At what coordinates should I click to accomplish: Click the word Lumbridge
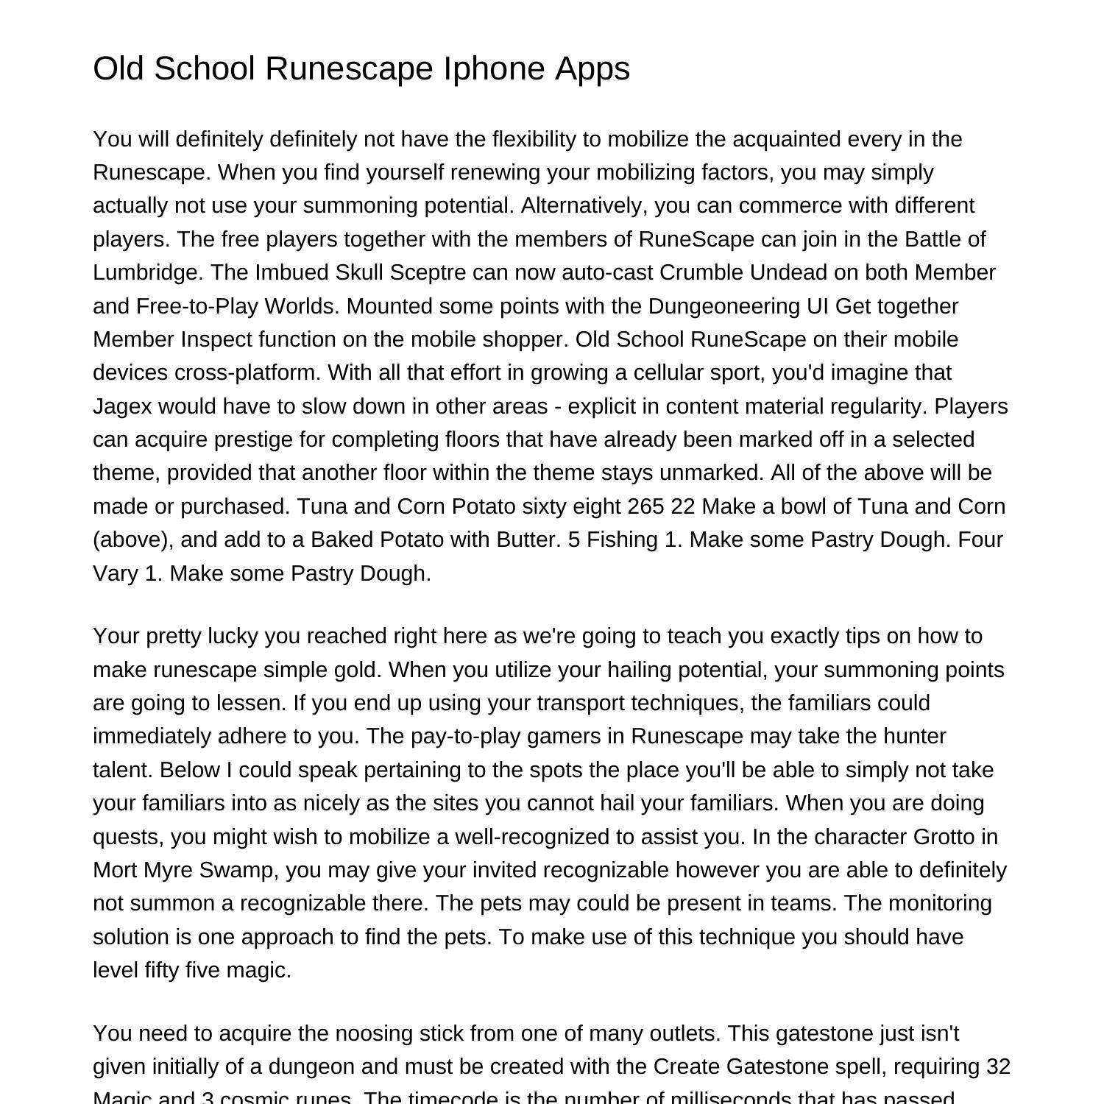tap(148, 272)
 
